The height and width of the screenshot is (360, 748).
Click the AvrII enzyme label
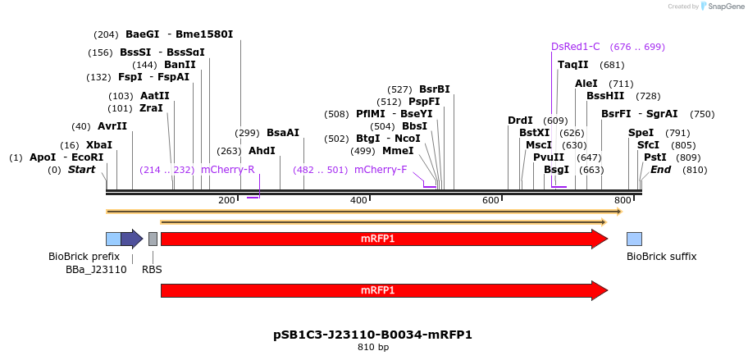[x=112, y=126]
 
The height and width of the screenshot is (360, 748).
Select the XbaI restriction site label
[x=99, y=145]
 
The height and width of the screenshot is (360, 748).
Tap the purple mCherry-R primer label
[x=227, y=170]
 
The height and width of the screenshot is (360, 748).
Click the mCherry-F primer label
[x=381, y=170]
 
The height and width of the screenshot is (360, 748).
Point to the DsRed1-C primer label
[x=576, y=47]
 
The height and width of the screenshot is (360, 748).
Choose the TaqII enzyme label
[x=572, y=65]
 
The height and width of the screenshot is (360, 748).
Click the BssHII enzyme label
[x=605, y=96]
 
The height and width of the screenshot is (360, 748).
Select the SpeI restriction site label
[x=641, y=133]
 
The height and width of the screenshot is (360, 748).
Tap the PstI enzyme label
[x=654, y=157]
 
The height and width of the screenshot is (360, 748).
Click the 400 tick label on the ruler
[x=358, y=201]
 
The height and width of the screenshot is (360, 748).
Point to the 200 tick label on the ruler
[x=226, y=201]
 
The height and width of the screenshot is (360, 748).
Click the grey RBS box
[x=153, y=239]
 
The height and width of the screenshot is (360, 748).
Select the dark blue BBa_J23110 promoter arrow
[x=131, y=239]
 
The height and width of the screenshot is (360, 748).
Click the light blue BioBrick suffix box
[x=634, y=239]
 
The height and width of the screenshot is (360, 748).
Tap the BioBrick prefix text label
[x=84, y=257]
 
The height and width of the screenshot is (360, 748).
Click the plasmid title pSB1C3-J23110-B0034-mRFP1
[x=372, y=335]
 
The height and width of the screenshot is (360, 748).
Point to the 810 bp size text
[x=373, y=348]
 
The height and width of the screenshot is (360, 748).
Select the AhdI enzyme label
[x=262, y=151]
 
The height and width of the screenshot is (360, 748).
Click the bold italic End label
[x=660, y=170]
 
